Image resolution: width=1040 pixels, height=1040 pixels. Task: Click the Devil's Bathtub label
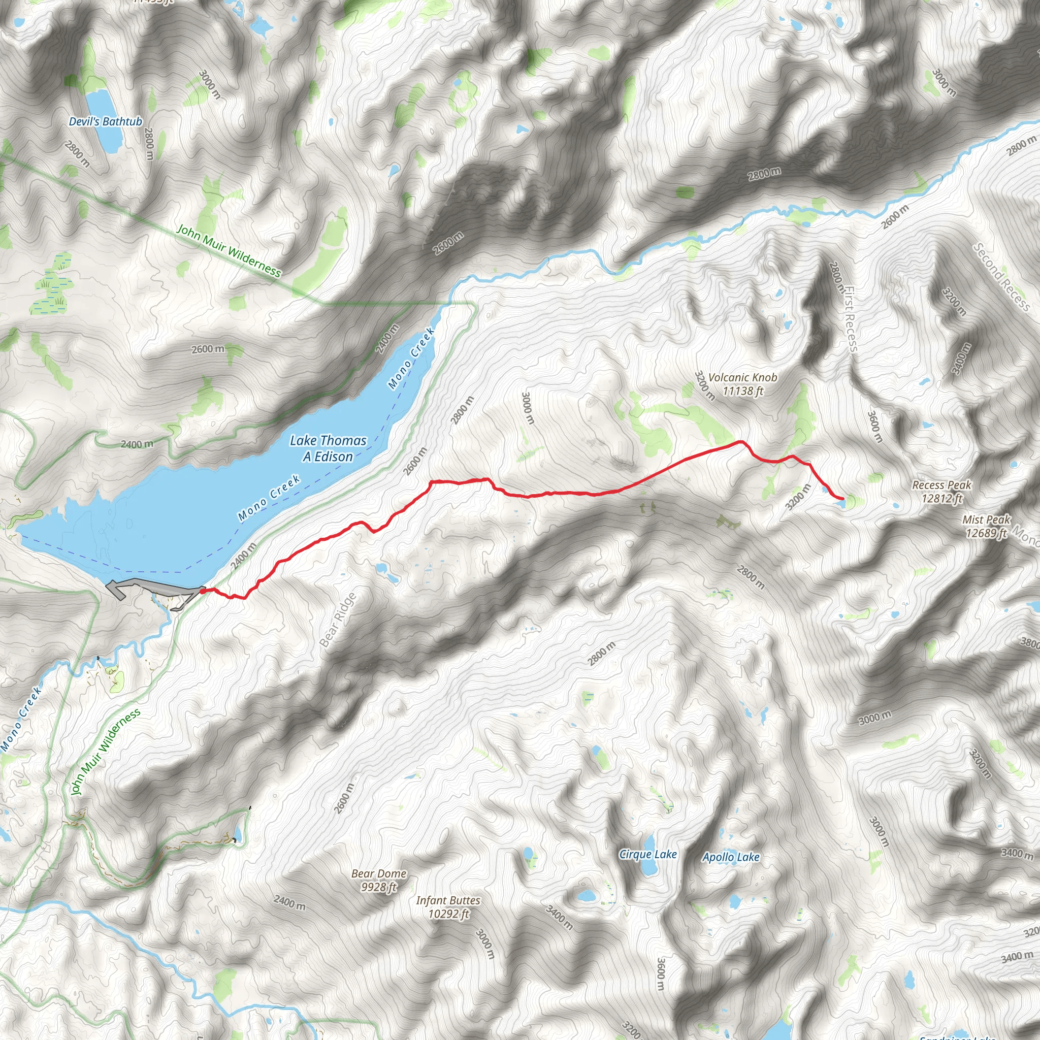coord(106,122)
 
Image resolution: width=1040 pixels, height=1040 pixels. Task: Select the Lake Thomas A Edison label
coord(328,448)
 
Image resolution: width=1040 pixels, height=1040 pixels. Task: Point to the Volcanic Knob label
coord(742,377)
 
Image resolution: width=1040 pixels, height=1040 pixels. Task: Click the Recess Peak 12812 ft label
coord(941,492)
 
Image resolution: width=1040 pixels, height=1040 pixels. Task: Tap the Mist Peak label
coord(986,520)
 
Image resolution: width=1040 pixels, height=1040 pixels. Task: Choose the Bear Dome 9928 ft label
coord(379,880)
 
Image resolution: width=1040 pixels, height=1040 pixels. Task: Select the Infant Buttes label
coord(448,900)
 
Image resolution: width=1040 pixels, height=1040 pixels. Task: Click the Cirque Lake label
coord(647,854)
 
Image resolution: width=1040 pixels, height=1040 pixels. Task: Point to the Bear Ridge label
coord(338,620)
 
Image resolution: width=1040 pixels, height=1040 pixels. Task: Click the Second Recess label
coord(1001,277)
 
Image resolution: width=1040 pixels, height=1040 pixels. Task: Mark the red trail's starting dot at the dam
coord(202,591)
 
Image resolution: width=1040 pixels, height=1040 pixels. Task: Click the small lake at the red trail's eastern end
coord(841,503)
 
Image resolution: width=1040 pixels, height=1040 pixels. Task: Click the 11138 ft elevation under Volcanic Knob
coord(742,392)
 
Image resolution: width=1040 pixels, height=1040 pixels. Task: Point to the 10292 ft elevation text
coord(448,914)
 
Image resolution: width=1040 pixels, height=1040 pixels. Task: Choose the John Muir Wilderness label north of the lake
coord(229,250)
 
